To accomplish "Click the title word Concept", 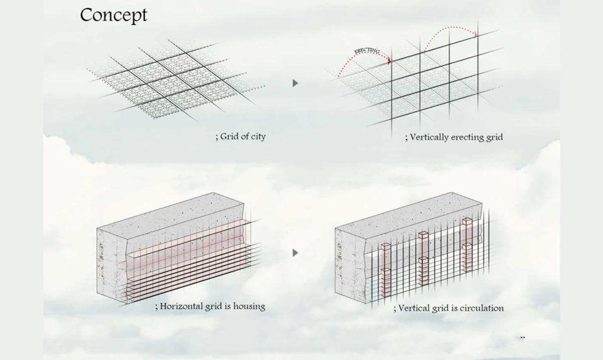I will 114,15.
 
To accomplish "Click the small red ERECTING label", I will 367,51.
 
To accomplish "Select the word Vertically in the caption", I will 431,137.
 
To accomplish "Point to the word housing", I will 247,306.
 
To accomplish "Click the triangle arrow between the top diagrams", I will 295,83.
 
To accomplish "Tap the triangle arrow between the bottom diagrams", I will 295,253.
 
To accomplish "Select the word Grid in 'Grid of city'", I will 229,136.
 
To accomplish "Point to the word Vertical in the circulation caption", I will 413,308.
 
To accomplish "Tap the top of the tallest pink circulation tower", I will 466,221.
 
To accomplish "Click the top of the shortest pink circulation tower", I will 385,246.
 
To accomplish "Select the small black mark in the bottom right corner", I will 522,338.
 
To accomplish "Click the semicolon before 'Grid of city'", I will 217,137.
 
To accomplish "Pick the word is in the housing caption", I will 229,306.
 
